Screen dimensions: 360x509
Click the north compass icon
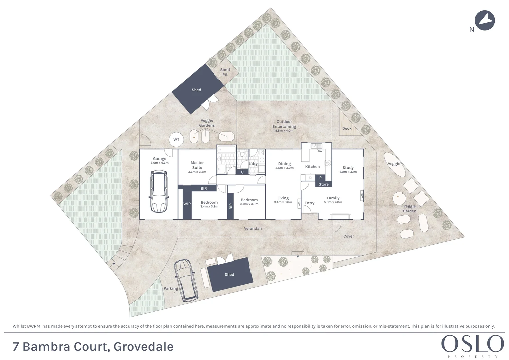tap(485, 21)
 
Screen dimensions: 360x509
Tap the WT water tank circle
tap(176, 139)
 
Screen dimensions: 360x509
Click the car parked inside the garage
tap(159, 191)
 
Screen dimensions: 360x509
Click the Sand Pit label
tap(225, 72)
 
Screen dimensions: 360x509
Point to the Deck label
tap(347, 128)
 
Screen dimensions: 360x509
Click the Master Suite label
tap(197, 165)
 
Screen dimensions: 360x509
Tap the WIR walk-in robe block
tap(187, 204)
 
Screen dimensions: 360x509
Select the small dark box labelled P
tap(320, 178)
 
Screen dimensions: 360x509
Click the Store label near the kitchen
tap(323, 184)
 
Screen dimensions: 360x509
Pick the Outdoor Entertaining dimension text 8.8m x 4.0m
tap(284, 131)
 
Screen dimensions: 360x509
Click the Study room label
tap(348, 168)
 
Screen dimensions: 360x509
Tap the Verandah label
tap(253, 228)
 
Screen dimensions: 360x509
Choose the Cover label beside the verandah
tap(349, 236)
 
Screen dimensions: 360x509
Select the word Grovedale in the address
tap(143, 347)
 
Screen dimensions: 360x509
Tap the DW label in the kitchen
tap(320, 151)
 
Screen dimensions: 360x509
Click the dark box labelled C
tap(242, 172)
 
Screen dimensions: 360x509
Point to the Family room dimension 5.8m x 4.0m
tap(333, 202)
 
